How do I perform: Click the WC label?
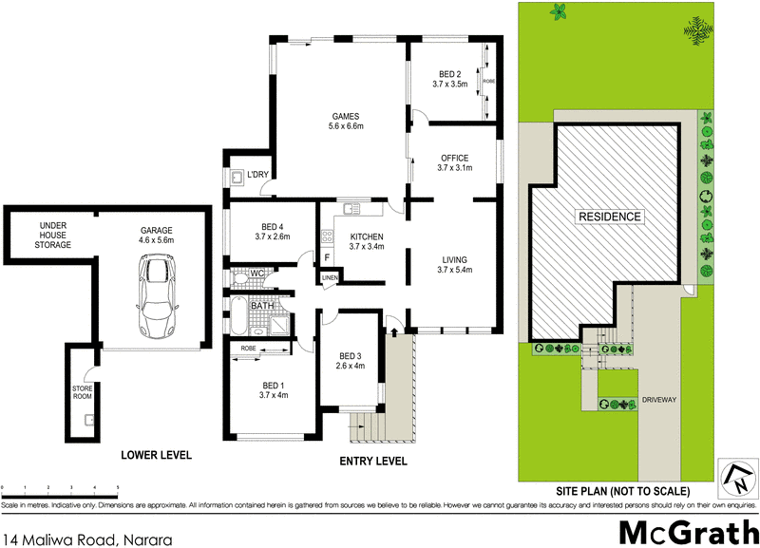256,274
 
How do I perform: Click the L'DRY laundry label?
258,176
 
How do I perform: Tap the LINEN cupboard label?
329,277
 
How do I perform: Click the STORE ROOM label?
82,393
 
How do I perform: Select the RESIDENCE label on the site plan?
610,217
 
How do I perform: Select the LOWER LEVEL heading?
156,456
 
